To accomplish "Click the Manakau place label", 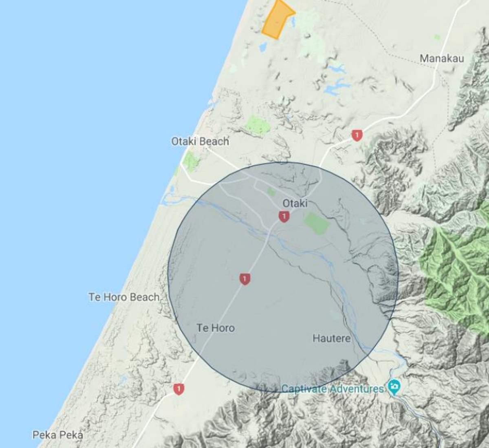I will click(442, 59).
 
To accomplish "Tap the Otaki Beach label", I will click(200, 141).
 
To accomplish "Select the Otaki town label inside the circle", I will click(295, 203).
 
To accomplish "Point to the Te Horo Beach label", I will click(124, 297).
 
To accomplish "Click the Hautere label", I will click(331, 338).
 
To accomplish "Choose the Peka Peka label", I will click(58, 435).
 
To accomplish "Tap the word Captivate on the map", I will click(304, 389).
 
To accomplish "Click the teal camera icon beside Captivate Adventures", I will click(394, 387).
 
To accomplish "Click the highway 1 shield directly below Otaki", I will click(284, 216).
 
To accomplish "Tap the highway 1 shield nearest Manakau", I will click(357, 135).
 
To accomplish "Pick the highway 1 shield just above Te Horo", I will click(244, 279).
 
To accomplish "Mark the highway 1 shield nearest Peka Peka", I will click(178, 389).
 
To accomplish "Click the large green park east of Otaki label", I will click(317, 223).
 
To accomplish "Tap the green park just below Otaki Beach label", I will click(190, 161).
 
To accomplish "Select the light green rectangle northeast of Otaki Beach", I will click(258, 125).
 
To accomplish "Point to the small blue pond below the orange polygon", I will click(263, 47).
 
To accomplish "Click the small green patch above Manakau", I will click(437, 37).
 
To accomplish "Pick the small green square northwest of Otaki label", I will click(271, 192).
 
